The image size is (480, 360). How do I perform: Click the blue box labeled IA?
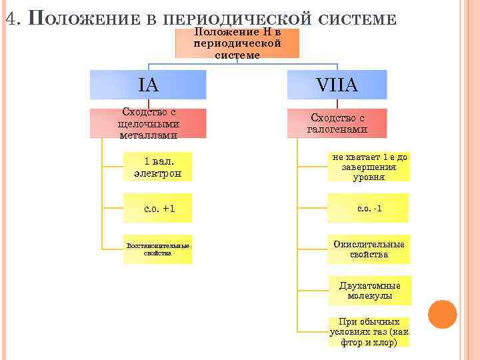148,85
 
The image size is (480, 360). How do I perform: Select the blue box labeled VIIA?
337,85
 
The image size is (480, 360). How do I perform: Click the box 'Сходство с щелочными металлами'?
148,123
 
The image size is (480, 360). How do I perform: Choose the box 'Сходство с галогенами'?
337,123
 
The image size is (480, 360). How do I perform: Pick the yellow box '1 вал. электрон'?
158,167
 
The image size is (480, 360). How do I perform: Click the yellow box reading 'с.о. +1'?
158,208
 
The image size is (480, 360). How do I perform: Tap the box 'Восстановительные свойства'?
158,249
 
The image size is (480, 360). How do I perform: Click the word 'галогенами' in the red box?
337,129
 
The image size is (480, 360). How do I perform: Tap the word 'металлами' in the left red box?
148,135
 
